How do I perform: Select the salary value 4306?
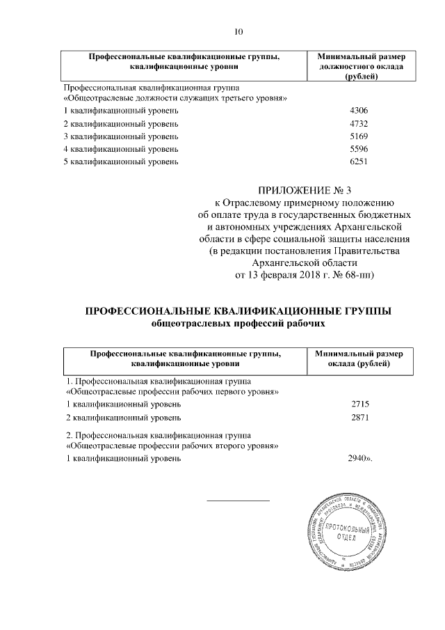(x=358, y=111)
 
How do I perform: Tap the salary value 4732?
(x=358, y=124)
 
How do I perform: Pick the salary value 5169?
(x=358, y=136)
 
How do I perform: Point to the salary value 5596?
(x=358, y=149)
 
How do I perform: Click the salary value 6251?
(x=358, y=162)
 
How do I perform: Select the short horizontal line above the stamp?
(x=238, y=501)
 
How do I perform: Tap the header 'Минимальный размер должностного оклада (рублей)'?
(x=357, y=66)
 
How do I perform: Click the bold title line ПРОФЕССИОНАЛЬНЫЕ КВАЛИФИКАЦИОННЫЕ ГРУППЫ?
(x=238, y=311)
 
